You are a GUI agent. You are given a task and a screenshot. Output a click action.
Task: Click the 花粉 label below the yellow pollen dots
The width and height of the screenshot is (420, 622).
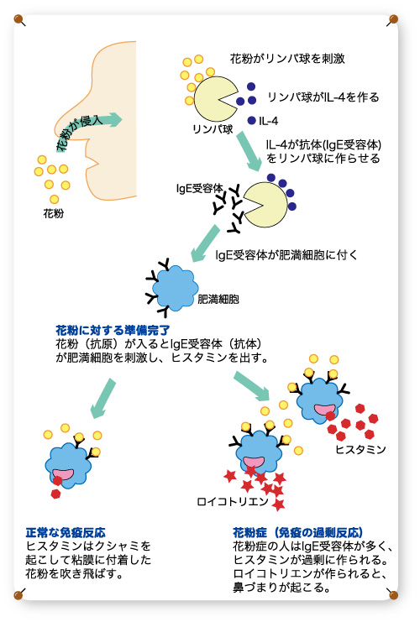point(53,214)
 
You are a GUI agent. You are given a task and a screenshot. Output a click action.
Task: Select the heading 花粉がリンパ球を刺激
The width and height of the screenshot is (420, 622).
point(287,59)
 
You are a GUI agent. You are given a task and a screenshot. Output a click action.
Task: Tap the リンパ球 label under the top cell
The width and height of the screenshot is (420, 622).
point(213,129)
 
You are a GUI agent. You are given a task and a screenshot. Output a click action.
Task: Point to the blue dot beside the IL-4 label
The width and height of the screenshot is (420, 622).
point(251,120)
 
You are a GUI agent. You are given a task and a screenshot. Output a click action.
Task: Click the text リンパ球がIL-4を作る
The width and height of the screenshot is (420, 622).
point(323,97)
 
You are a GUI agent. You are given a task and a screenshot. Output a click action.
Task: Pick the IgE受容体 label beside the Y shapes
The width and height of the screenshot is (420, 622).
point(200,188)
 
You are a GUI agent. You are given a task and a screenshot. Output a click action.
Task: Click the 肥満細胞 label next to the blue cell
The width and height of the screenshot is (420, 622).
point(218,299)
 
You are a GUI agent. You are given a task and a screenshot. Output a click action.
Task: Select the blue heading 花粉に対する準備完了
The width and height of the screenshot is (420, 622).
point(113,330)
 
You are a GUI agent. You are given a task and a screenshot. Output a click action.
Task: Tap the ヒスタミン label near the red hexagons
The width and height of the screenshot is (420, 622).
point(360,449)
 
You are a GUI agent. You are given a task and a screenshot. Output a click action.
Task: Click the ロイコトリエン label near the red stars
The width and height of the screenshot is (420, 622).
point(233,502)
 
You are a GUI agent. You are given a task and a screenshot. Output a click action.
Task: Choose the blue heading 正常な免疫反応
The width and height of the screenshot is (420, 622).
point(66,532)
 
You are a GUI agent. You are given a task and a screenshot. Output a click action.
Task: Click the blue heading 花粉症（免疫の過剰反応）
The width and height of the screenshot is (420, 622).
point(297,532)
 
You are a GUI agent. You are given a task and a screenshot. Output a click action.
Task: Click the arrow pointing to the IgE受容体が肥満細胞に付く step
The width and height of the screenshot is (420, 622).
point(205,243)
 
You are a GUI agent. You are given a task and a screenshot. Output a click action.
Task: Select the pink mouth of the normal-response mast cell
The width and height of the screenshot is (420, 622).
point(63,474)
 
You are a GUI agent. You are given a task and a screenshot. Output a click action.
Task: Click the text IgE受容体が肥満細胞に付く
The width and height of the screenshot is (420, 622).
point(286,255)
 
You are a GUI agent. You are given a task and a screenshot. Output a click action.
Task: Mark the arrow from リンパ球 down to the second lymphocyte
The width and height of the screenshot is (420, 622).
point(249,151)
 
